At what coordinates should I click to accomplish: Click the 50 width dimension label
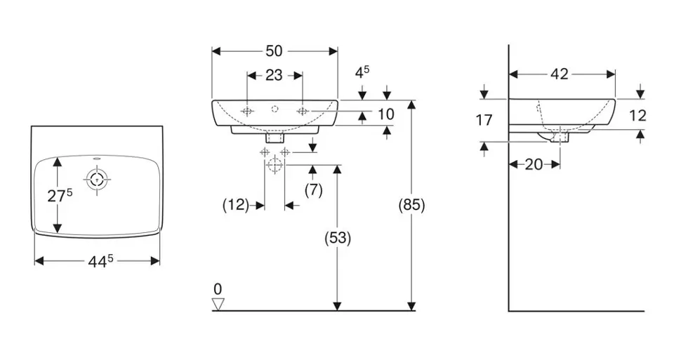[274, 51]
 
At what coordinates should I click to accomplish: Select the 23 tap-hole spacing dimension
[274, 75]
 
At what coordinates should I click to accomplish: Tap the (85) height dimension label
[412, 205]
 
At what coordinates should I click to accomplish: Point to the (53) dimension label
[337, 238]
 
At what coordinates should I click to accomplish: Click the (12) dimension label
[236, 205]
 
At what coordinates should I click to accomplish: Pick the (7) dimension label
[312, 189]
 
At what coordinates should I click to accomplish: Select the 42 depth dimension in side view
[560, 74]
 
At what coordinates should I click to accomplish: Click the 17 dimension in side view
[484, 120]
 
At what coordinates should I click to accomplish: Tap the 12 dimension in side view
[637, 115]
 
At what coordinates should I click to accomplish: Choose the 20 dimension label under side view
[534, 164]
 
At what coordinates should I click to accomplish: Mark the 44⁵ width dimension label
[98, 261]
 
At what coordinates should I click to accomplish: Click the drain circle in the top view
[96, 180]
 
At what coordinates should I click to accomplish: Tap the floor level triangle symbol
[218, 303]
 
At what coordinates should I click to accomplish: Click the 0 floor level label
[218, 288]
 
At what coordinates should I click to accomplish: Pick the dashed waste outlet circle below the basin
[275, 166]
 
